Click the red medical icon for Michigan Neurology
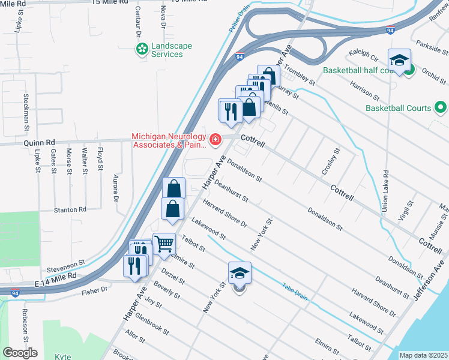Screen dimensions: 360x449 point(215,140)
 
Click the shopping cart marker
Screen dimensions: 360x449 point(164,244)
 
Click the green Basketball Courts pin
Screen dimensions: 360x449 point(441,108)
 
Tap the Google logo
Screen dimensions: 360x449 point(20,352)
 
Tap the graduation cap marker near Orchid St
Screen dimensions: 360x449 point(399,60)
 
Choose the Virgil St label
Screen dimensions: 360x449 point(409,212)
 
